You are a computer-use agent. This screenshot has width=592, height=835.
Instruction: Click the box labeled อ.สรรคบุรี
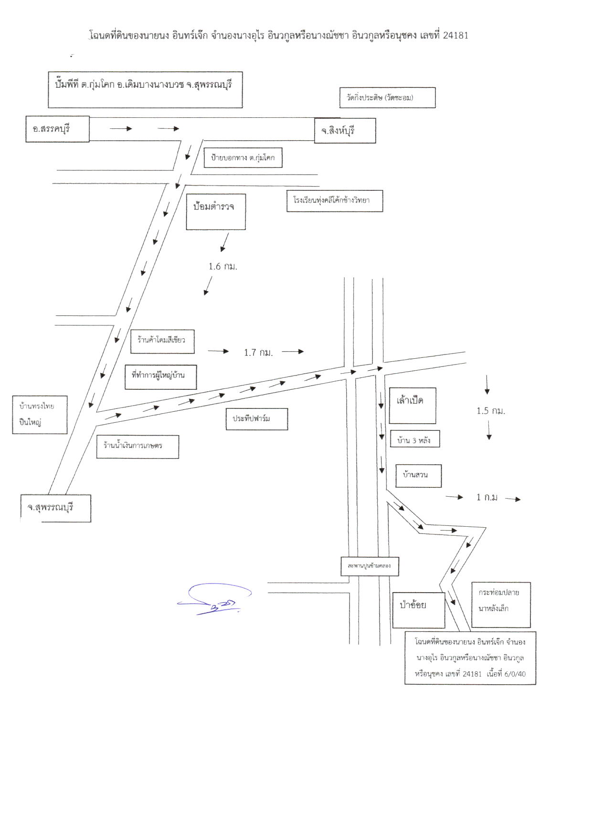click(58, 129)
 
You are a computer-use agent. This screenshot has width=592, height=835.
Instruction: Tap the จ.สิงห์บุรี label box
click(345, 130)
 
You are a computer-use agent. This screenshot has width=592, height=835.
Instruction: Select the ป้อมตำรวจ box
click(216, 212)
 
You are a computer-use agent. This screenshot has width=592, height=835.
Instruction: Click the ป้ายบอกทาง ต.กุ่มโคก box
click(243, 158)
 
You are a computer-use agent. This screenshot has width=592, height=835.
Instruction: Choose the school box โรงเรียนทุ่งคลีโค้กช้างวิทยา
click(335, 200)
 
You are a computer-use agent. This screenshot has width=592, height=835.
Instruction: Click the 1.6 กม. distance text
click(223, 266)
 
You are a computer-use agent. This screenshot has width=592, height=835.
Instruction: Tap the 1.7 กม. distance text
click(258, 353)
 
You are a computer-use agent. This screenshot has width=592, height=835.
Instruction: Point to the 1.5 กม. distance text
click(491, 411)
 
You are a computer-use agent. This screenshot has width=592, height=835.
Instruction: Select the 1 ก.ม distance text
click(487, 497)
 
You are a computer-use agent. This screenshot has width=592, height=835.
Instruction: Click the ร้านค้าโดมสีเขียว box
click(162, 341)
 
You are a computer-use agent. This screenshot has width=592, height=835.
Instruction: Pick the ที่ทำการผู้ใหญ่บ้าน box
click(161, 377)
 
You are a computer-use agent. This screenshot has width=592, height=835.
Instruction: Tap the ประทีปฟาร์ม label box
click(257, 419)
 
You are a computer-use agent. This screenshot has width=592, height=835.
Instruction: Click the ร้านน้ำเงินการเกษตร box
click(137, 447)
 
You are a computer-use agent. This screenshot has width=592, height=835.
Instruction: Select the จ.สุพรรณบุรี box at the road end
click(55, 508)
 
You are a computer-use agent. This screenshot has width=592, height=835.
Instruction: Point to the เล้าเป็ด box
click(412, 406)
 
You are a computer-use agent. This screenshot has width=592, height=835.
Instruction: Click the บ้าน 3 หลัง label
click(414, 439)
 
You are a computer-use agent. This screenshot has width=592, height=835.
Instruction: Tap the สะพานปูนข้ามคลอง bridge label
click(370, 566)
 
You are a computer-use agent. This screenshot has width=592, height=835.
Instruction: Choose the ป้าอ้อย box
click(419, 610)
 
